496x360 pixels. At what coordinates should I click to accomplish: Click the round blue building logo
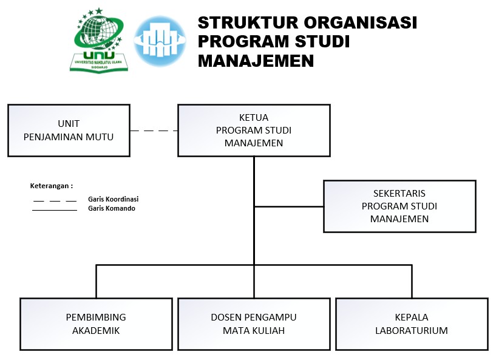click(x=160, y=41)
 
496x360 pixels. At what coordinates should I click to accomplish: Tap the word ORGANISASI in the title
click(x=360, y=23)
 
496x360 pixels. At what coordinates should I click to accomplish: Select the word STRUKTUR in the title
click(x=248, y=23)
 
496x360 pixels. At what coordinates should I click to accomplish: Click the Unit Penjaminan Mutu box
click(x=69, y=131)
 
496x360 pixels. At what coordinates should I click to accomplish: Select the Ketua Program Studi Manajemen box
click(x=254, y=131)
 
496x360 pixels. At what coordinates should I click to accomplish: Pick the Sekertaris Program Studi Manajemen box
click(x=399, y=206)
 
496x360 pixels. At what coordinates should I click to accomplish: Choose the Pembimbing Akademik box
click(x=96, y=324)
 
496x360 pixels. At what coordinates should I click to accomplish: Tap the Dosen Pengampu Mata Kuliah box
click(x=254, y=324)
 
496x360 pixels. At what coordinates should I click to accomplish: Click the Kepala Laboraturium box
click(x=412, y=324)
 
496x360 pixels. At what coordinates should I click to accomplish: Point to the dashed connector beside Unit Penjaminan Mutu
click(x=154, y=131)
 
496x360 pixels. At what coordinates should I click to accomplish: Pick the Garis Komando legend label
click(x=112, y=208)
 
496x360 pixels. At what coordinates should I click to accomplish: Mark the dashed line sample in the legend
click(x=55, y=200)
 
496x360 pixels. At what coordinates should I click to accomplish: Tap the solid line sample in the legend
click(x=55, y=210)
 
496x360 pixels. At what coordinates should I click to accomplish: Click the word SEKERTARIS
click(x=399, y=194)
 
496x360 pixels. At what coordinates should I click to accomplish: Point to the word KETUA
click(x=254, y=118)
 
